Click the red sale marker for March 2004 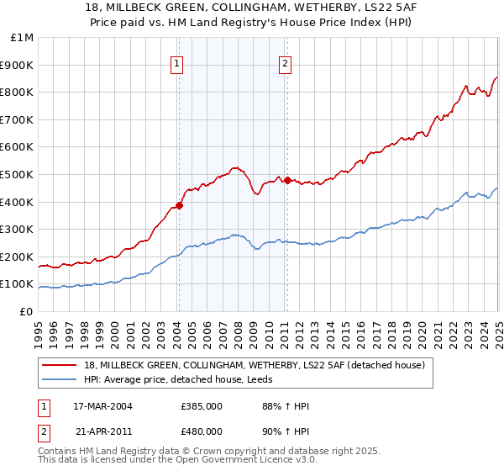[179, 205]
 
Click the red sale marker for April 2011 [287, 180]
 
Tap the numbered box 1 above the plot [178, 62]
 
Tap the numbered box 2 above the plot [286, 62]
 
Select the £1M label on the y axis [23, 37]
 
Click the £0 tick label [26, 311]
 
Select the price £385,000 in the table [201, 406]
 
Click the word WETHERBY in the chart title [286, 8]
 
